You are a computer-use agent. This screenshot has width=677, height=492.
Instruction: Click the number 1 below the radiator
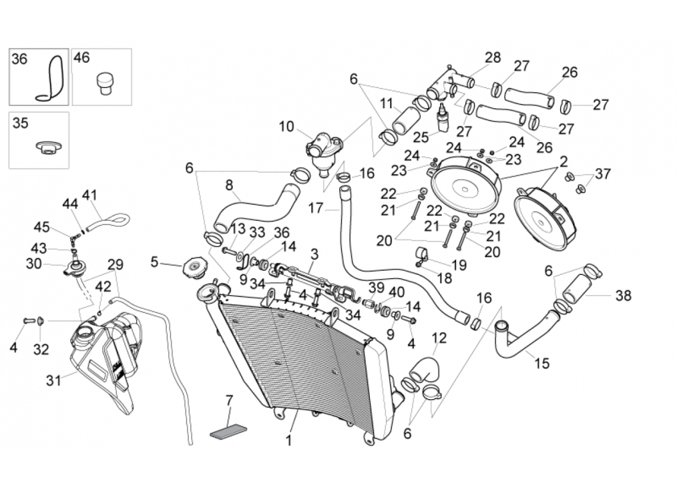point(289,440)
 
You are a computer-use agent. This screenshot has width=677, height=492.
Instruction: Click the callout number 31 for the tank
point(54,381)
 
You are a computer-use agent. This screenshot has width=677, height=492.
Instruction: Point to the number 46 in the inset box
point(82,58)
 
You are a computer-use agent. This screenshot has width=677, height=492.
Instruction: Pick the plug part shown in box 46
point(104,83)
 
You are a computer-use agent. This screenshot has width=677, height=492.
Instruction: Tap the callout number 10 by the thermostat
point(287,127)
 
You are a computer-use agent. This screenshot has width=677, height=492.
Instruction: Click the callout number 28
point(493,58)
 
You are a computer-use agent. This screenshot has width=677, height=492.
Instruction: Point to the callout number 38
point(623,296)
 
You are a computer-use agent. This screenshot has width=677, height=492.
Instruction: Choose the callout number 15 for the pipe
point(542,363)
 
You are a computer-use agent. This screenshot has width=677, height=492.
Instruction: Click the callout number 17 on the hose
point(316,208)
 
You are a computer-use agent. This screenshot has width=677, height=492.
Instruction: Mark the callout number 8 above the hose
point(229,184)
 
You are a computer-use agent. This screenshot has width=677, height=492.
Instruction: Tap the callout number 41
point(90,196)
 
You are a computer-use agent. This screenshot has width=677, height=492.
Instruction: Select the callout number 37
point(603,175)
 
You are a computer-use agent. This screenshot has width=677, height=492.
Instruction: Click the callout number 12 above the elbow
point(439,337)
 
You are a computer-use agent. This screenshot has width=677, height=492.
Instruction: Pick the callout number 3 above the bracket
point(314,253)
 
